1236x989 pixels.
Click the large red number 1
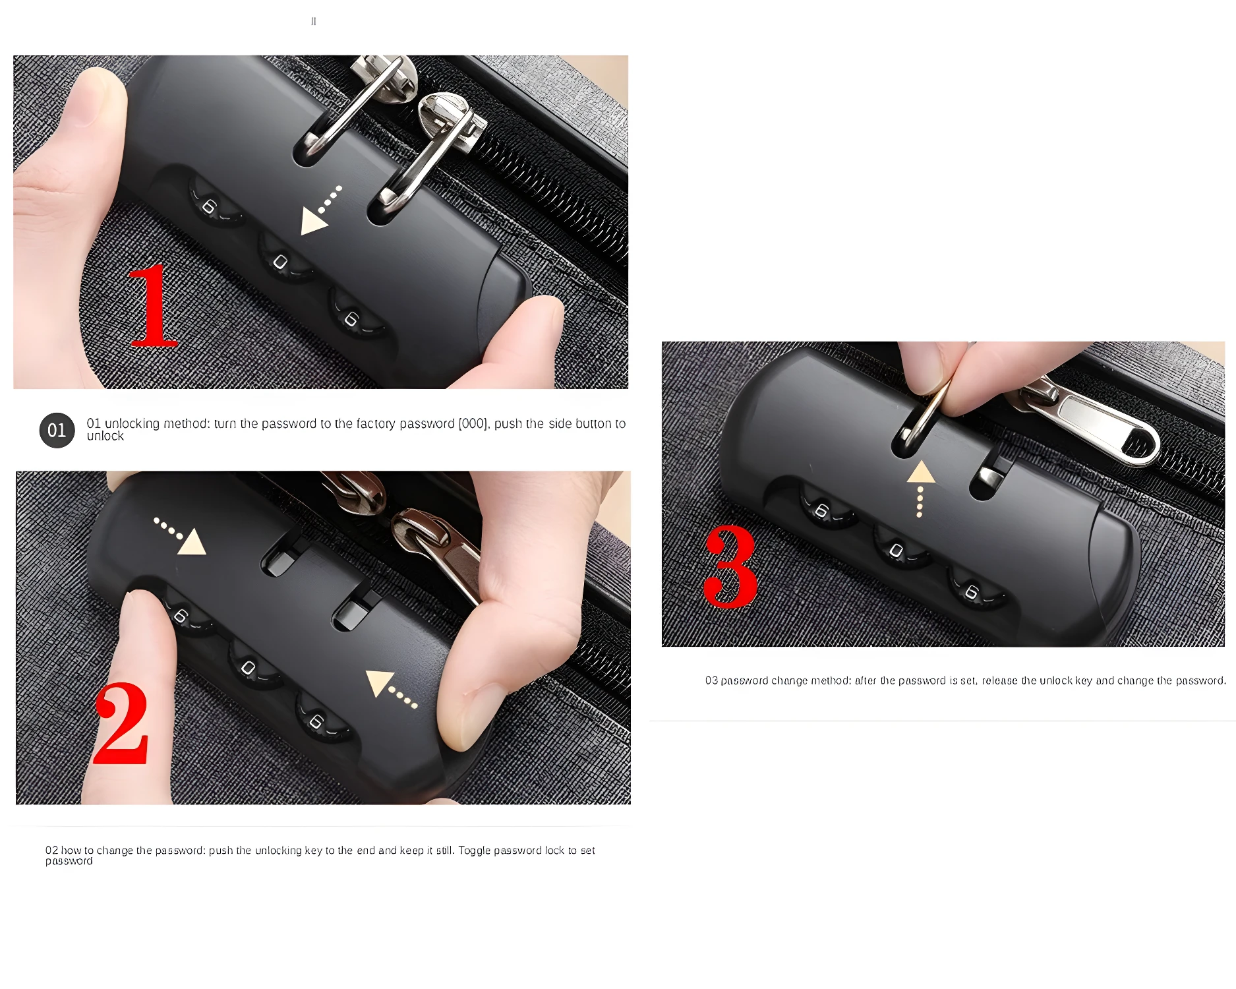[152, 307]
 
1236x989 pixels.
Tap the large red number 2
[122, 723]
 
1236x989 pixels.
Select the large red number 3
[730, 566]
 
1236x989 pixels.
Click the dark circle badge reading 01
[57, 431]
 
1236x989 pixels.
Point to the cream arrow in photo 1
[314, 220]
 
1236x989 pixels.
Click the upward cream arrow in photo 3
[921, 473]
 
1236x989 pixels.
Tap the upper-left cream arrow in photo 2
[192, 542]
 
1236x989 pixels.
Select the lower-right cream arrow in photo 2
[379, 682]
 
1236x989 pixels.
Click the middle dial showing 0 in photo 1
[280, 262]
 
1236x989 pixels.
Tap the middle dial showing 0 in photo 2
[249, 668]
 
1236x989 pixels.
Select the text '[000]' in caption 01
[473, 424]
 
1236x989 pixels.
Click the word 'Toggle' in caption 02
[475, 851]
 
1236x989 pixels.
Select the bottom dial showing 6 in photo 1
[351, 319]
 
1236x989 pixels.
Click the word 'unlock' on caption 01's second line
[105, 436]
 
